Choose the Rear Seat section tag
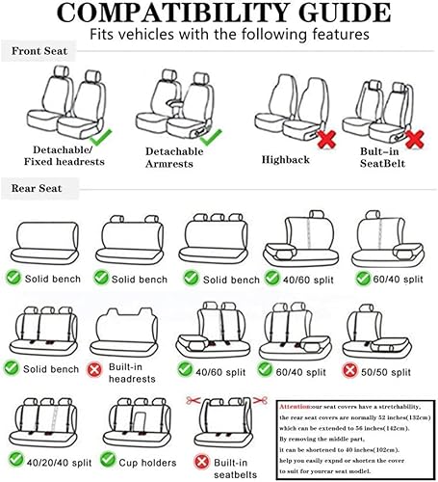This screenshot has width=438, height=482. point(37,187)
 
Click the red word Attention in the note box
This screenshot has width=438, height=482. point(296,406)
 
